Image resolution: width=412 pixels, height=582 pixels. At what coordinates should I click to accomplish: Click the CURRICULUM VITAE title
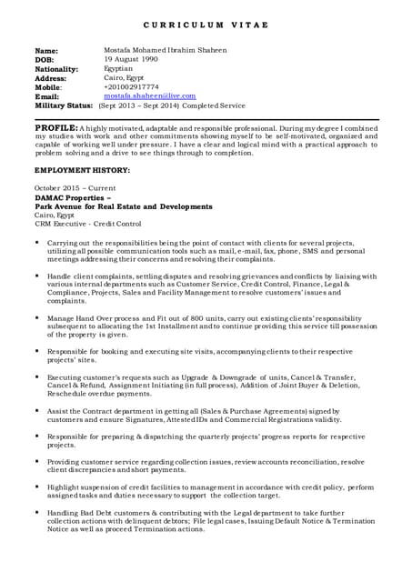coord(206,25)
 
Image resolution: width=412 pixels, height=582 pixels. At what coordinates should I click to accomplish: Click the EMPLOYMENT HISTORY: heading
coord(82,170)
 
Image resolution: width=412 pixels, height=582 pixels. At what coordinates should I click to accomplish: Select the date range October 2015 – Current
coord(75,188)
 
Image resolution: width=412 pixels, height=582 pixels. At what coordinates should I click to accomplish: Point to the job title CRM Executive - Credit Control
coord(88,224)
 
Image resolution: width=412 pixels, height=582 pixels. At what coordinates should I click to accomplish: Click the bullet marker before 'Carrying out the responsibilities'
coord(37,243)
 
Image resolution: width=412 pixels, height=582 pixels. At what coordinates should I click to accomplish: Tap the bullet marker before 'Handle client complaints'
coord(37,275)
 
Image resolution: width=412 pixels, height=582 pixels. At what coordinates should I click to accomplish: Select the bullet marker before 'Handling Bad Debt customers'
coord(37,512)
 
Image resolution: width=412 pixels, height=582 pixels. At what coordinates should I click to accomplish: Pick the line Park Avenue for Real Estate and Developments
coord(123,206)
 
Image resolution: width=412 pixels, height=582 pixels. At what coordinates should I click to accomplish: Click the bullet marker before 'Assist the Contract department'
coord(37,409)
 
